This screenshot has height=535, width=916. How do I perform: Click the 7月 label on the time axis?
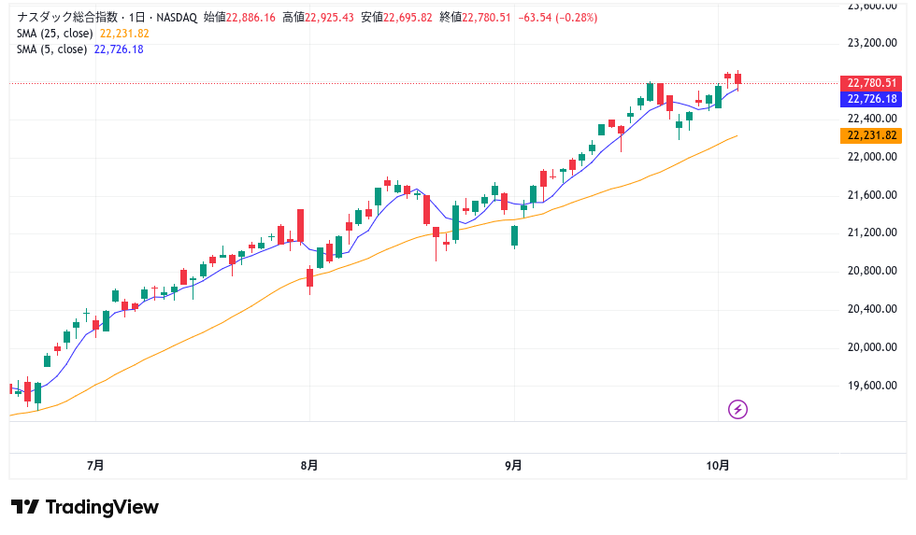[x=94, y=465]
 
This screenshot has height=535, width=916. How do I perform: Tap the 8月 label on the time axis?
[x=309, y=465]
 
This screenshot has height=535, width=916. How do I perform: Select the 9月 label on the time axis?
[x=513, y=465]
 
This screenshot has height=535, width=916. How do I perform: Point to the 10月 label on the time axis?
[x=717, y=465]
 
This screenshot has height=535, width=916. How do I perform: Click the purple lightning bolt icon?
[x=737, y=409]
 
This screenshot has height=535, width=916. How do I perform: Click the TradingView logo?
[x=85, y=507]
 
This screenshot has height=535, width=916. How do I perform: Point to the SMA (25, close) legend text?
[x=55, y=34]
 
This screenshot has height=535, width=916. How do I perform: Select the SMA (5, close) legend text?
[x=52, y=49]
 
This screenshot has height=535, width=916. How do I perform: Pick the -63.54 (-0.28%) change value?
[x=557, y=18]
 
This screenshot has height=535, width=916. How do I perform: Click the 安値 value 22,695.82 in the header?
[x=412, y=18]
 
